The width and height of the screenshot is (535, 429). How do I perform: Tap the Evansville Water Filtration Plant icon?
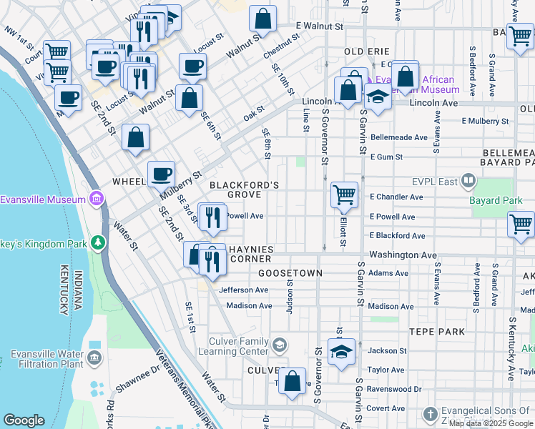pyautogui.click(x=94, y=357)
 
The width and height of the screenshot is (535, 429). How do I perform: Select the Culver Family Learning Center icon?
pyautogui.click(x=279, y=345)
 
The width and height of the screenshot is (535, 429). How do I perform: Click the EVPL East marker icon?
pyautogui.click(x=468, y=181)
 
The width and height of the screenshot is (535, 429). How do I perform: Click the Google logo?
pyautogui.click(x=24, y=420)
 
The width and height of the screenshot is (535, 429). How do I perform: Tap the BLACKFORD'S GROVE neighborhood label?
pyautogui.click(x=244, y=189)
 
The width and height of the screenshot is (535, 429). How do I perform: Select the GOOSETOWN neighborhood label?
pyautogui.click(x=290, y=273)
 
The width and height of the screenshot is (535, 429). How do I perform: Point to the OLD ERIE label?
pyautogui.click(x=367, y=52)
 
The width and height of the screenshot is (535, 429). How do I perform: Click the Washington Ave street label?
pyautogui.click(x=403, y=255)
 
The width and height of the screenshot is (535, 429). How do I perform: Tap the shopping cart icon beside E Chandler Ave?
pyautogui.click(x=344, y=194)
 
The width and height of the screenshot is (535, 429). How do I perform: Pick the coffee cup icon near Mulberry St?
pyautogui.click(x=161, y=173)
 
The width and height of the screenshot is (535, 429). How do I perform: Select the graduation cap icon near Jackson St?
pyautogui.click(x=341, y=352)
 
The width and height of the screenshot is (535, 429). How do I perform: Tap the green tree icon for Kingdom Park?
pyautogui.click(x=98, y=244)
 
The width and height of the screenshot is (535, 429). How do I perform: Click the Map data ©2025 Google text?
pyautogui.click(x=491, y=423)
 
